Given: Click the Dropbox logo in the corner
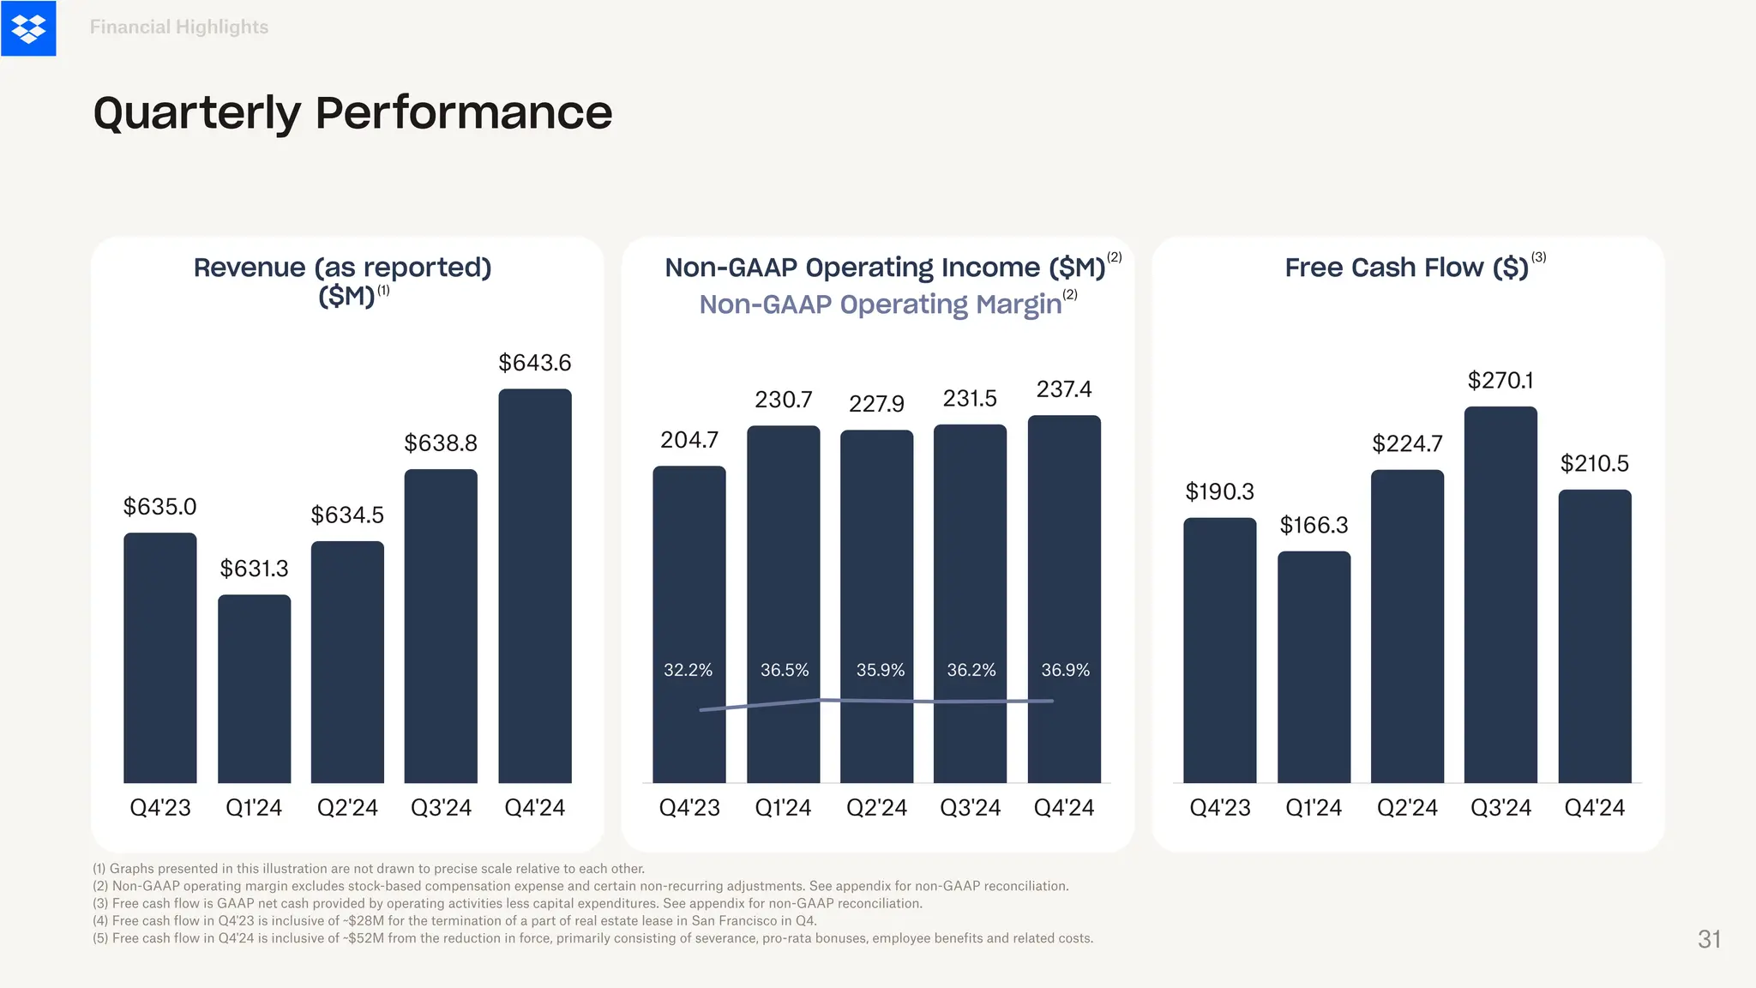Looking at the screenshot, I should pos(28,28).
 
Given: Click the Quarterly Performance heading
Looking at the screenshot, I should pos(352,112).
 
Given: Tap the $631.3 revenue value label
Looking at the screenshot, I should pos(254,569).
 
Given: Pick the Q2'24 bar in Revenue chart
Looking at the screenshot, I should pos(347,661).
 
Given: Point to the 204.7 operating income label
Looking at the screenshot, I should pos(689,440).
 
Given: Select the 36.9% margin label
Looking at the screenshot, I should pos(1065,670).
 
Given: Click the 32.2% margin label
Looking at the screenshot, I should pos(688,670).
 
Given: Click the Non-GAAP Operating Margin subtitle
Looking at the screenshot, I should pos(881,304).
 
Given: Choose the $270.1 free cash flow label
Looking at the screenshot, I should pos(1500,380).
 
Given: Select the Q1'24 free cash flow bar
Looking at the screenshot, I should pos(1314,666).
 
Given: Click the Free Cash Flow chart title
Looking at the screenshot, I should pos(1406,268).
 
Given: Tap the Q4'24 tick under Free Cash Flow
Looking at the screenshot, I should pos(1594,808).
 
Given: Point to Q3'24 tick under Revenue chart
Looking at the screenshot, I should pos(441,808).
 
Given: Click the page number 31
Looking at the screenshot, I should pos(1709,939).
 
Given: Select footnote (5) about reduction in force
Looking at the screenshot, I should pos(592,938).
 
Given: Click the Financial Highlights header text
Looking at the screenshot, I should pos(179,27).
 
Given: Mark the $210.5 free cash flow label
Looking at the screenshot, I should pos(1594,464).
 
